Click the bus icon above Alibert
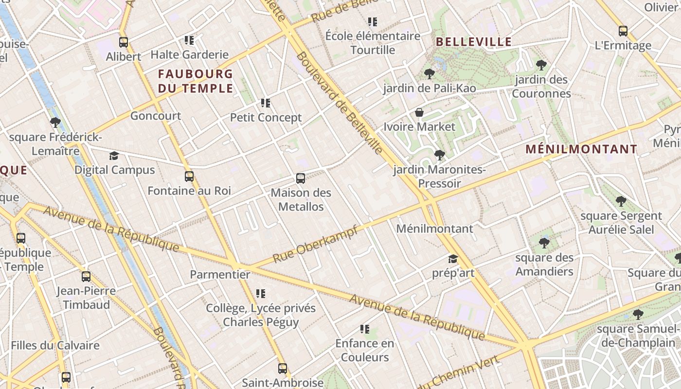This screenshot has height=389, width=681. click(124, 42)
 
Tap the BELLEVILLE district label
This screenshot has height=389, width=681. click(474, 42)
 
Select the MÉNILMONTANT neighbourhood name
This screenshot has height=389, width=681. click(581, 149)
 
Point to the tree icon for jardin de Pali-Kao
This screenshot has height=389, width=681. click(429, 74)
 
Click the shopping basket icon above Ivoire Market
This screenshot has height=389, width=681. click(419, 113)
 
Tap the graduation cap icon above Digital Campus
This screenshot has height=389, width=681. click(114, 156)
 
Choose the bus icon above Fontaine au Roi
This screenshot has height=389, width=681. click(189, 177)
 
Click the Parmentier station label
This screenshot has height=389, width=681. click(220, 275)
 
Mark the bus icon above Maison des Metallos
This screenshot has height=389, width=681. click(301, 178)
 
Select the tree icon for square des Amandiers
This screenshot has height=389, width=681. click(544, 243)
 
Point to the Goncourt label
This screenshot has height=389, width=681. click(156, 116)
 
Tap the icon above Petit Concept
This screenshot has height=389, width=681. click(266, 103)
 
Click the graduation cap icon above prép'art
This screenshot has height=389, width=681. click(453, 259)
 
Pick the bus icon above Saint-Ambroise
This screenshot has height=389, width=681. click(283, 369)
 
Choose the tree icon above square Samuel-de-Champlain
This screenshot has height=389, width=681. click(638, 315)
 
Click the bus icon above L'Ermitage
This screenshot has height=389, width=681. click(623, 31)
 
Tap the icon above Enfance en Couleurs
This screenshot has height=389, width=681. click(365, 329)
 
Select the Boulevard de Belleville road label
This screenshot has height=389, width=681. click(339, 103)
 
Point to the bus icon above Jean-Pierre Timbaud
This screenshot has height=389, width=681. click(86, 277)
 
